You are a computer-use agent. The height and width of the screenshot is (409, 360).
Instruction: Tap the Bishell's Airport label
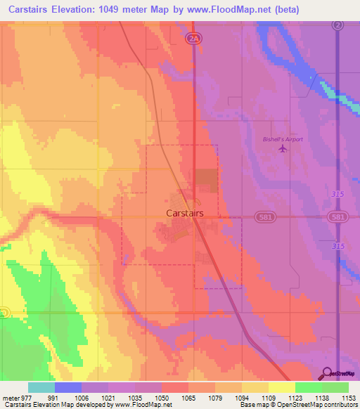point(282,139)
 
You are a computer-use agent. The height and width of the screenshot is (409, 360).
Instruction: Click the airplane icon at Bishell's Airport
point(283,149)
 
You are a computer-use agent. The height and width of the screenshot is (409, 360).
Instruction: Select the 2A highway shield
point(194,39)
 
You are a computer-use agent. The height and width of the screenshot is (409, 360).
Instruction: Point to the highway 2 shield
point(338,25)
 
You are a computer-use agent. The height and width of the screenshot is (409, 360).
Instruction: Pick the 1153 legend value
point(349,397)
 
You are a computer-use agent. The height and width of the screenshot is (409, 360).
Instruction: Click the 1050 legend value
point(162,397)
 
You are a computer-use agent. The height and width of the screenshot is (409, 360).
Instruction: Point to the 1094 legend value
point(242,397)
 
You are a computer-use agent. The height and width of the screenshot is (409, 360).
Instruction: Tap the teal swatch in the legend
point(41,387)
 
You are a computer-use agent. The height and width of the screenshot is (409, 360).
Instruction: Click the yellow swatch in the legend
point(281,387)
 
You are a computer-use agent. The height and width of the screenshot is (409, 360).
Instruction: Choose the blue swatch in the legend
point(68,387)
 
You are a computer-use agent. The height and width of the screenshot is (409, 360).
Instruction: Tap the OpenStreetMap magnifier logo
point(326,373)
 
